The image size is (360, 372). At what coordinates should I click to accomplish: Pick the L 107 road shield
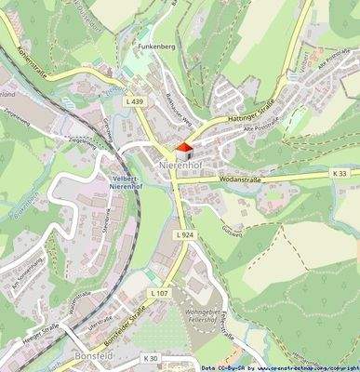pos(160,294)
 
